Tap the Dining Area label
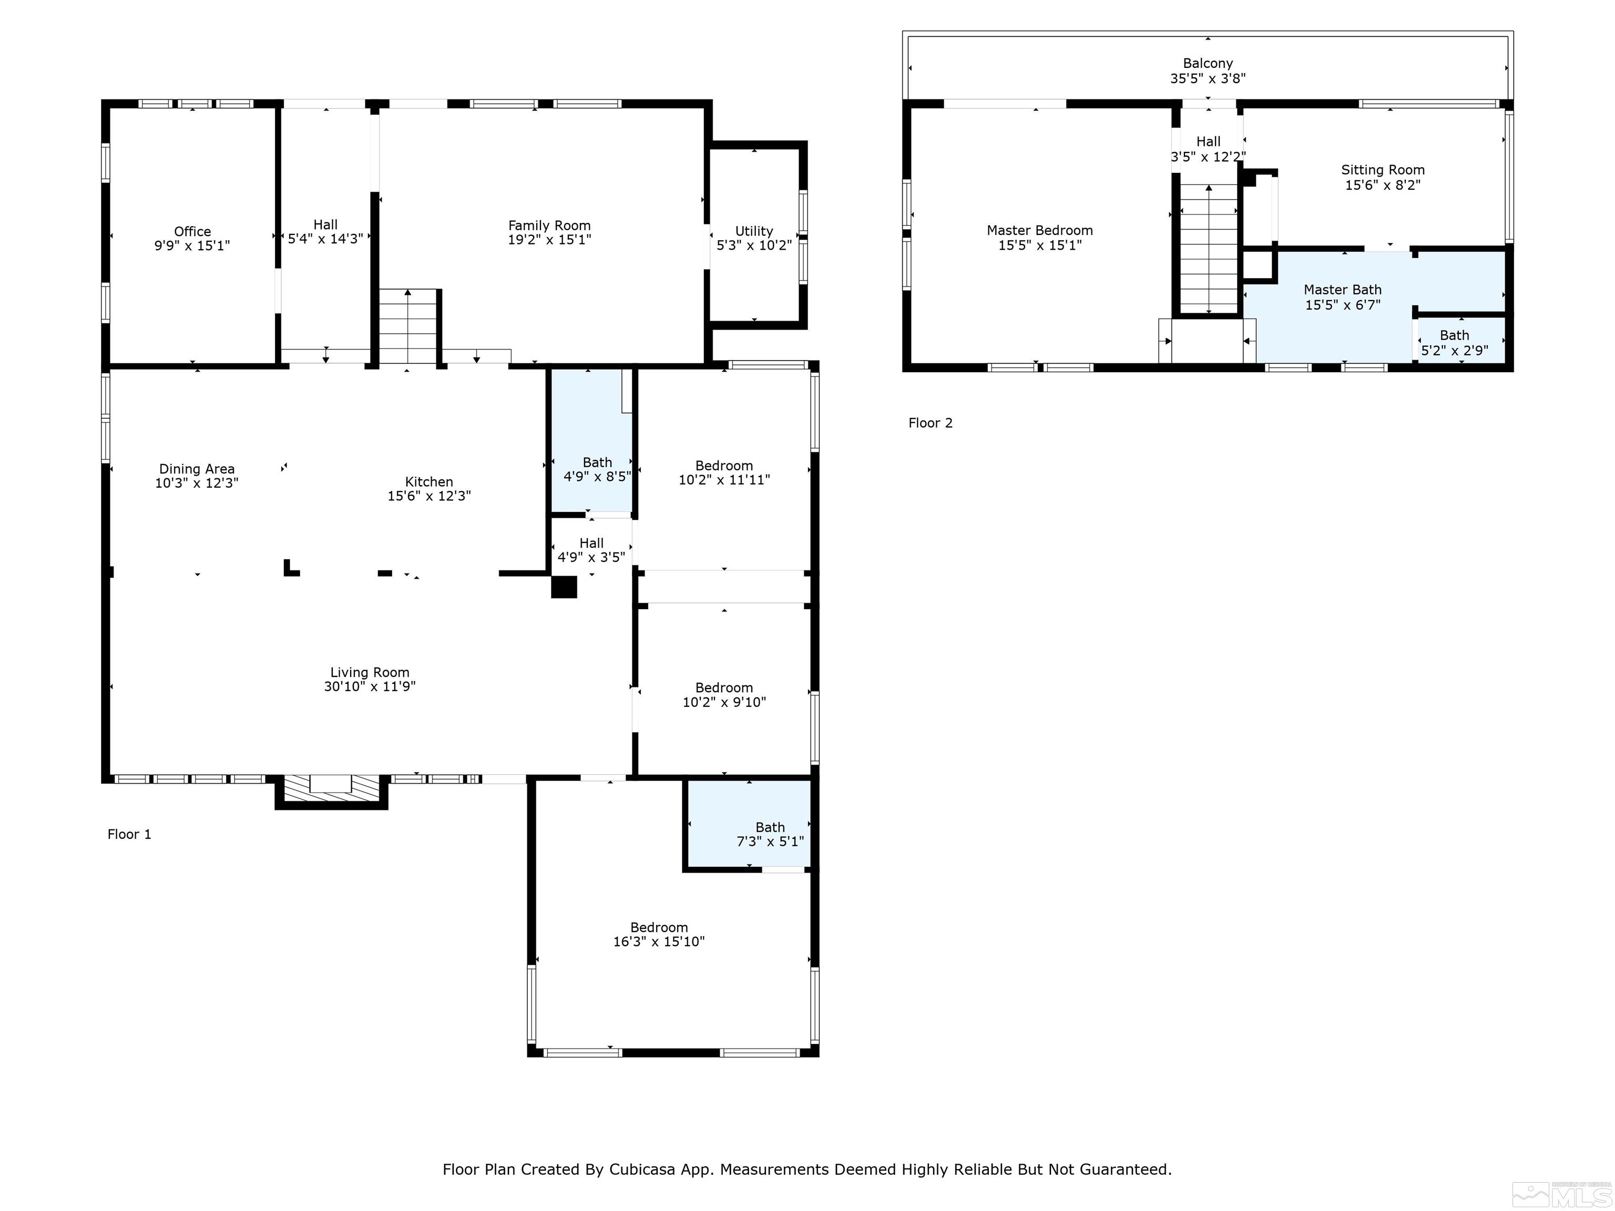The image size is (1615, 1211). point(197,469)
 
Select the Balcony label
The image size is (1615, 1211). point(1208,64)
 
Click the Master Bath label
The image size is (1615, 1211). point(1342,290)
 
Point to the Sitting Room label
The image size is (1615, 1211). point(1382,170)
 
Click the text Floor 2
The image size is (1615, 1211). point(930,423)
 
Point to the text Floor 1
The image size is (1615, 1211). point(129,834)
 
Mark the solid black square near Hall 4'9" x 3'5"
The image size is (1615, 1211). point(564,587)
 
